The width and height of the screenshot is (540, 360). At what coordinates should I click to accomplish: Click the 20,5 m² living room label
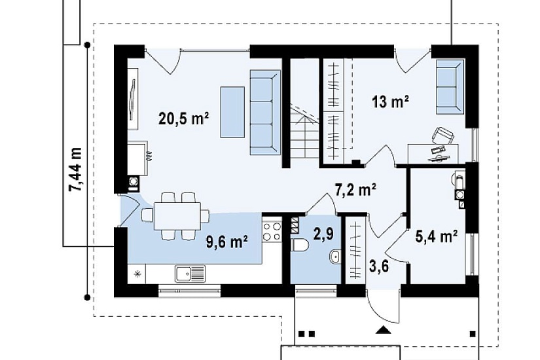click(183, 119)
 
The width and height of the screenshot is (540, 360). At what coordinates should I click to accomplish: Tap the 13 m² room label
click(390, 101)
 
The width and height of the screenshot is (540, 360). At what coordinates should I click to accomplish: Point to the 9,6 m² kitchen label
click(227, 242)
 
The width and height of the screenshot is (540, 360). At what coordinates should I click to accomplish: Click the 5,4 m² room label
click(437, 237)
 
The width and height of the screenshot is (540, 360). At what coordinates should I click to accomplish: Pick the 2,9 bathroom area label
click(323, 234)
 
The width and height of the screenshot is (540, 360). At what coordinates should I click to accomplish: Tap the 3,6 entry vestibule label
click(379, 266)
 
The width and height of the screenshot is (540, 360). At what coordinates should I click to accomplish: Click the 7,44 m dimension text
click(75, 169)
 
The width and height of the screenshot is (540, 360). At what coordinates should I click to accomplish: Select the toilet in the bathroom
click(300, 245)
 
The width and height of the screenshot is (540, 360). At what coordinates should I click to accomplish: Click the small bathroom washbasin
click(334, 257)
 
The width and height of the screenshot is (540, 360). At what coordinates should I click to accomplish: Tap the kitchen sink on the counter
click(190, 274)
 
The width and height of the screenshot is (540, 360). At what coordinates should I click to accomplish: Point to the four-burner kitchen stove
click(272, 232)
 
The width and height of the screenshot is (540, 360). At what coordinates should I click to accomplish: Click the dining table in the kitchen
click(177, 216)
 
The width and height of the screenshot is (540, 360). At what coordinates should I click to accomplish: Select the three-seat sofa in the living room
click(265, 113)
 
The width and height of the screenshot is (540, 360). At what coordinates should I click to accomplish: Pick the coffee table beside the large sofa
click(232, 112)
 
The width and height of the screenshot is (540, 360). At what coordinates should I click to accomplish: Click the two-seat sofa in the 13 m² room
click(450, 86)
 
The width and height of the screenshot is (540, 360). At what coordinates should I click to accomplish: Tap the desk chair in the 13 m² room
click(442, 135)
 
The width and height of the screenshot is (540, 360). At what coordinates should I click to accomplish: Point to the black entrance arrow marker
click(384, 330)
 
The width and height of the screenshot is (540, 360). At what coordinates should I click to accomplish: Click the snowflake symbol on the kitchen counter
click(137, 274)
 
